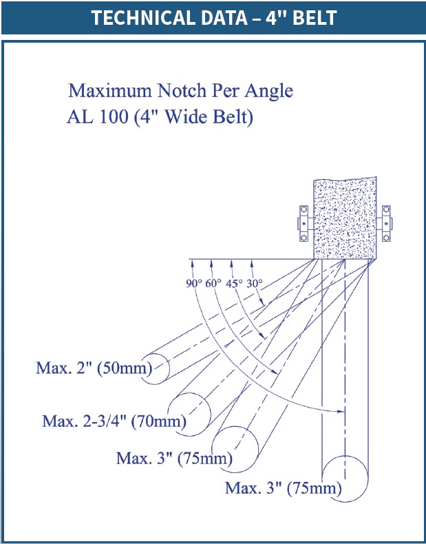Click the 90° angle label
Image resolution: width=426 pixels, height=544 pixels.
pos(194,284)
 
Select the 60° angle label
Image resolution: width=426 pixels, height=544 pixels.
pos(213,284)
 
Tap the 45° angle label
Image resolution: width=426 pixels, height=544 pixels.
pos(234,284)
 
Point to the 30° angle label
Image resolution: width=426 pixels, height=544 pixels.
pos(255,284)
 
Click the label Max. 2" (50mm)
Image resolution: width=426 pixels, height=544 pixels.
pos(94,368)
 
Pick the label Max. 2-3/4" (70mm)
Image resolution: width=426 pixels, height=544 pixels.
pos(114,421)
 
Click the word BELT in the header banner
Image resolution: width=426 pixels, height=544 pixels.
pos(315,18)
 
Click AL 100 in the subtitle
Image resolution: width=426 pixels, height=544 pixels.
pos(98,117)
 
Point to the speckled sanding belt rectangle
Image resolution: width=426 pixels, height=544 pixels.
pos(345,218)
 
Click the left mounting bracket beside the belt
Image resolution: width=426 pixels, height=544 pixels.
pos(304,223)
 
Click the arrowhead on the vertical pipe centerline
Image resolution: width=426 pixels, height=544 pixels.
pos(341,412)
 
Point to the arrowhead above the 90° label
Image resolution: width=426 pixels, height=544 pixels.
pos(191,264)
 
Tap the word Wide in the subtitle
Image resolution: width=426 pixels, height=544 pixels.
pos(185,117)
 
